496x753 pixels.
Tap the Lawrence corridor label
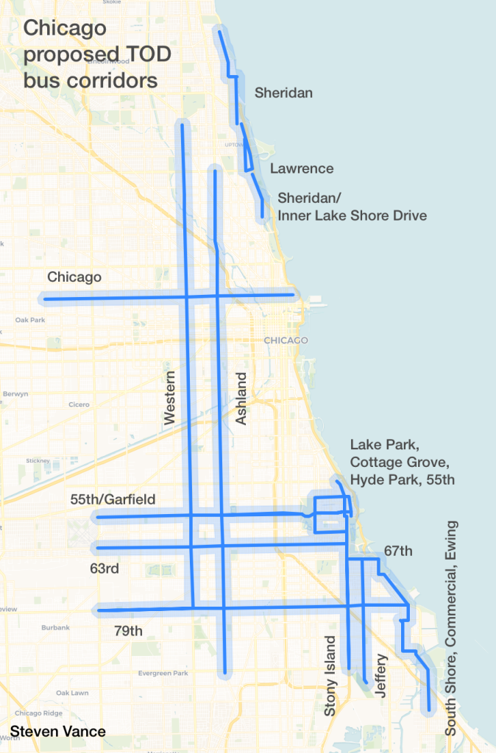[302, 168]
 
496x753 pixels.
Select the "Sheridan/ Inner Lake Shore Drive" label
[352, 207]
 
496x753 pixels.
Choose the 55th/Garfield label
[113, 499]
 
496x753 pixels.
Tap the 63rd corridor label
[104, 568]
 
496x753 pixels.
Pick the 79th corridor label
[129, 630]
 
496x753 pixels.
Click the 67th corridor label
[398, 551]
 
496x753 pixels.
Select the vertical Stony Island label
[330, 676]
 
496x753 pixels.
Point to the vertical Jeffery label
[380, 675]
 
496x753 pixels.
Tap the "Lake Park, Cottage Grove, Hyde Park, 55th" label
[403, 462]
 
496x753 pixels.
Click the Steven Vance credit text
[58, 732]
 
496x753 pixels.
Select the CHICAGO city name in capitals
[284, 340]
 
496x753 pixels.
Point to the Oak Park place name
[29, 320]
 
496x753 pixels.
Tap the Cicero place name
[79, 404]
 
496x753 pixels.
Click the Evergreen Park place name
[163, 673]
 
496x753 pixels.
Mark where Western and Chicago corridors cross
[186, 297]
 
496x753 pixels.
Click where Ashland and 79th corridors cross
[224, 607]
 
